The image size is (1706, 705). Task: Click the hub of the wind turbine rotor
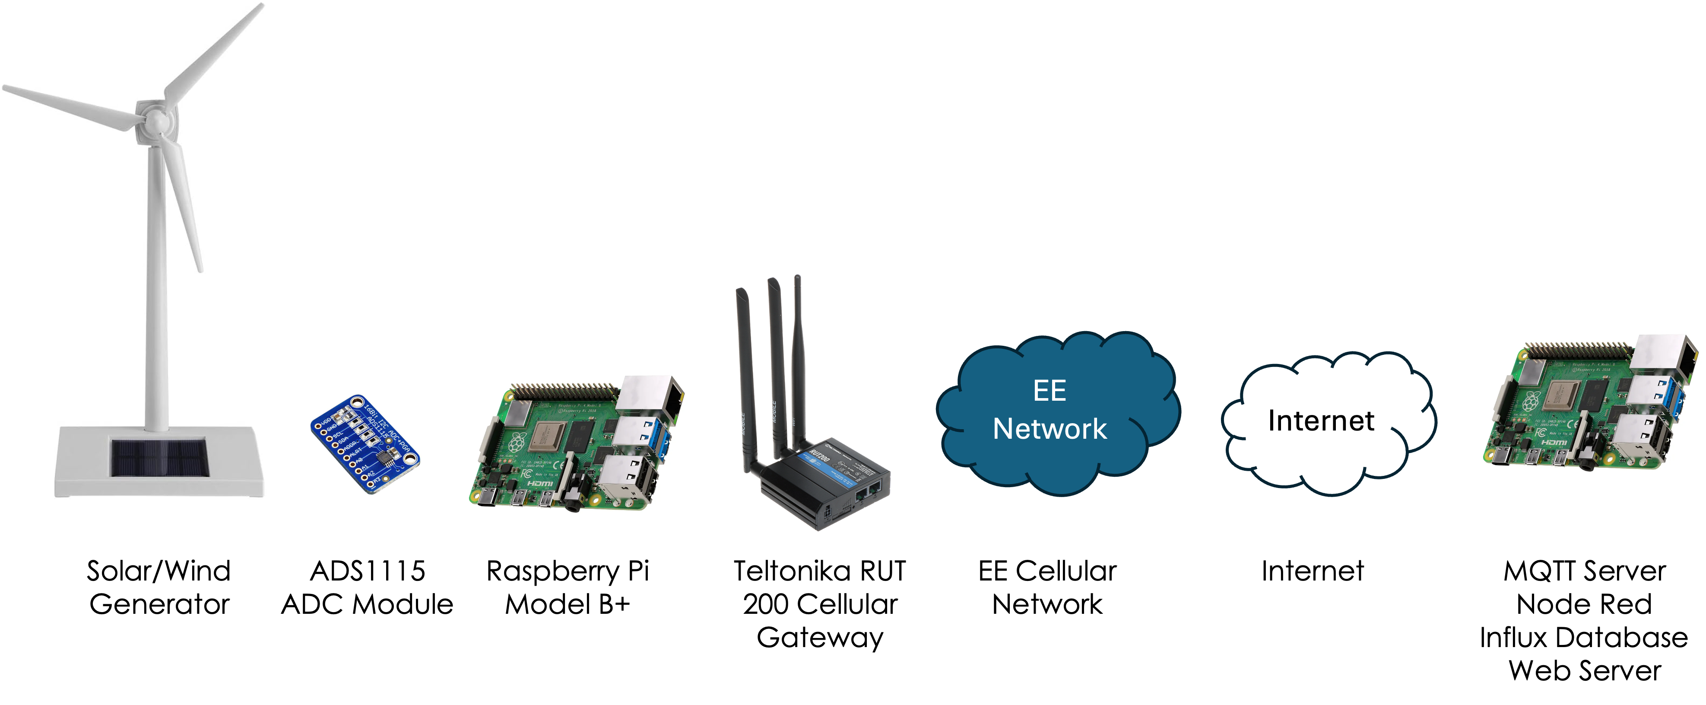coord(156,122)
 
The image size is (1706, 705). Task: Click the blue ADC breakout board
coord(365,444)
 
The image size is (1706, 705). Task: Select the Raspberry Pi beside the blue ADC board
coord(576,444)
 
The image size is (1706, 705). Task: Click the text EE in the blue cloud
coord(1050,391)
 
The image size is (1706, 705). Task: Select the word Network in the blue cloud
coord(1050,429)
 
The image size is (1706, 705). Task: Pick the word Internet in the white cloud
coord(1321,421)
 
